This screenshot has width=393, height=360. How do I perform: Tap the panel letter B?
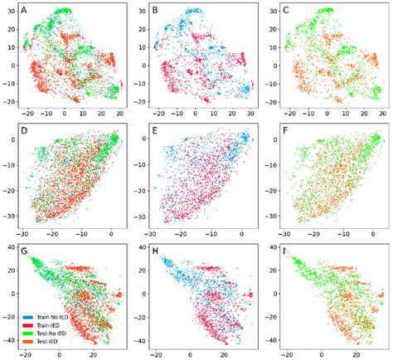pyautogui.click(x=156, y=11)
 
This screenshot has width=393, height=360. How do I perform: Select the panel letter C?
pyautogui.click(x=287, y=11)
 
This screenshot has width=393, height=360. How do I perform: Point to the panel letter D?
pyautogui.click(x=24, y=129)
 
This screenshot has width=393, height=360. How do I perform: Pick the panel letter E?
pyautogui.click(x=156, y=129)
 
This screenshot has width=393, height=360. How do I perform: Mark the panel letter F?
pyautogui.click(x=287, y=129)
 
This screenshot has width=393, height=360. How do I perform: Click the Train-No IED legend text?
pyautogui.click(x=52, y=316)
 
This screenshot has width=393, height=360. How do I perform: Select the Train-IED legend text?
pyautogui.click(x=48, y=324)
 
